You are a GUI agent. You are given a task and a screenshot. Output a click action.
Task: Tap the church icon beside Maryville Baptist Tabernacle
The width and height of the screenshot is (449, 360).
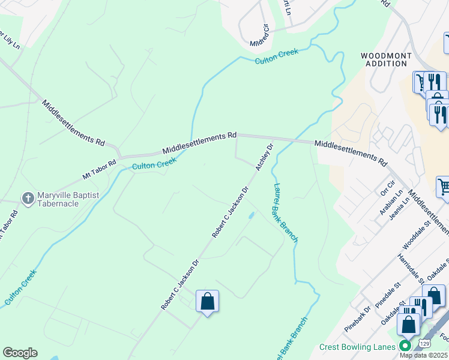(x=28, y=199)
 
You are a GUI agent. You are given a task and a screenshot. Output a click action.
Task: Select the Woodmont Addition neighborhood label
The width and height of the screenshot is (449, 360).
(x=386, y=59)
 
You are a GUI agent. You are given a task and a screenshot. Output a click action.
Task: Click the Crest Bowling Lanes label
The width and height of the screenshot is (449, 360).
(x=357, y=347)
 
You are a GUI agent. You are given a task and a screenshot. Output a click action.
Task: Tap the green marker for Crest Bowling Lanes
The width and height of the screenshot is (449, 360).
(x=405, y=346)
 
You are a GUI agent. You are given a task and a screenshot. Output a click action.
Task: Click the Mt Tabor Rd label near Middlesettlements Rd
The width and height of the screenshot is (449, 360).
(x=99, y=170)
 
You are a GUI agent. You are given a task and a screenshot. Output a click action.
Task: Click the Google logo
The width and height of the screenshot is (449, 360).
(x=20, y=353)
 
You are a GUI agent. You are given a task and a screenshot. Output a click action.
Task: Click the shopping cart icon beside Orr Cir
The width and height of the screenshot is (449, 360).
(x=444, y=187)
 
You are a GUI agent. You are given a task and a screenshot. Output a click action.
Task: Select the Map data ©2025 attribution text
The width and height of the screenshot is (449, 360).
(x=424, y=355)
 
